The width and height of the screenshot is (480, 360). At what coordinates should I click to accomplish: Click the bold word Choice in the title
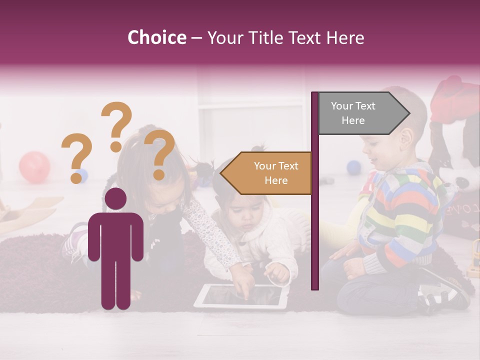coord(156,38)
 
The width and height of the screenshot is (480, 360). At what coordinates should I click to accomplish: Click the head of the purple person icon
coord(115,199)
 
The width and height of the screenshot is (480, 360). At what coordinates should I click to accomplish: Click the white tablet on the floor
coord(241,297)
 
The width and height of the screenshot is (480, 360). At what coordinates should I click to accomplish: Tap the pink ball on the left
coord(34,167)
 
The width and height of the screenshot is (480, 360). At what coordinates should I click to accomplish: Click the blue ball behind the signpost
coord(354,167)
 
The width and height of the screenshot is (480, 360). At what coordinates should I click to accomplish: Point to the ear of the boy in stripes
coord(407,138)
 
